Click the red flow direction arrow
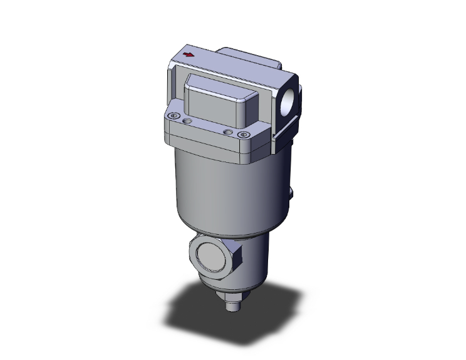pyautogui.click(x=187, y=56)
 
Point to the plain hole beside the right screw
pyautogui.click(x=228, y=132)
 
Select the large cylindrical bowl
pyautogui.click(x=225, y=188)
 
